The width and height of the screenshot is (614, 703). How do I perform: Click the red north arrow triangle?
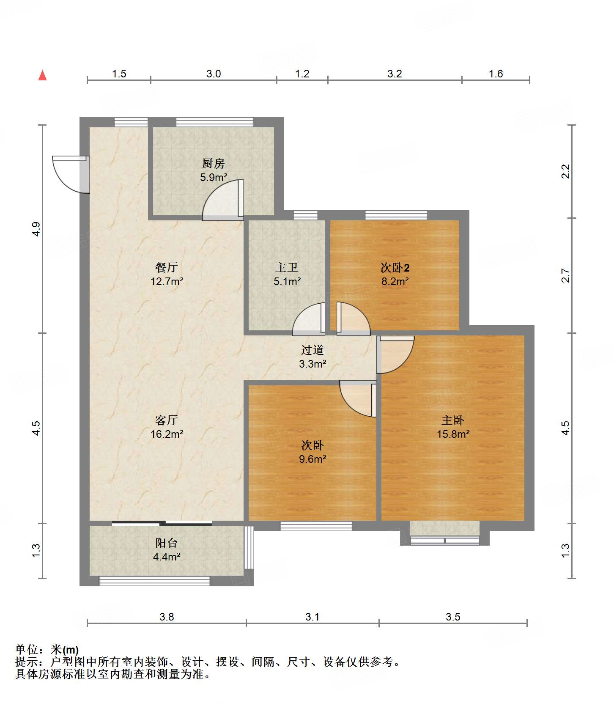[x=42, y=75]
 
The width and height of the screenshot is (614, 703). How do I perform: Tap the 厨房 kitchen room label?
[x=214, y=163]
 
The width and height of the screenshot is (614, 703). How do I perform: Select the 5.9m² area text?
[x=214, y=177]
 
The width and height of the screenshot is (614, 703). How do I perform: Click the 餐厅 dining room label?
[x=167, y=267]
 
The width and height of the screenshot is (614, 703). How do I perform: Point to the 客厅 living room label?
[x=167, y=420]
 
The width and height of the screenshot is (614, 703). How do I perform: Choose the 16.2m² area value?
[x=167, y=434]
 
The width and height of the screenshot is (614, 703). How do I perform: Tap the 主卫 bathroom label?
[x=287, y=267]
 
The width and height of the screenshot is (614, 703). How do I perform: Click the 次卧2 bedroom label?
[x=395, y=267]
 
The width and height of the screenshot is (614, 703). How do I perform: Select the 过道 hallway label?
[x=312, y=350]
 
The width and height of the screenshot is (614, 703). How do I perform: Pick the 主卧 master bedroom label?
[x=453, y=420]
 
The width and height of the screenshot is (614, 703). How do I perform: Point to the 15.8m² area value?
[x=453, y=434]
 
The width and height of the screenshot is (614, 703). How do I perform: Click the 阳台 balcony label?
[x=167, y=543]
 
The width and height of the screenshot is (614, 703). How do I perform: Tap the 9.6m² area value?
[x=312, y=459]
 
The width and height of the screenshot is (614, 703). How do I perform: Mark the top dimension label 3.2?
[x=395, y=74]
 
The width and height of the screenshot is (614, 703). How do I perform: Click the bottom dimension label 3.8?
[x=167, y=617]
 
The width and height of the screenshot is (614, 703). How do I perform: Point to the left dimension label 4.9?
[x=36, y=229]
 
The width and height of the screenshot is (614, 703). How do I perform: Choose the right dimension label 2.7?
[x=565, y=276]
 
